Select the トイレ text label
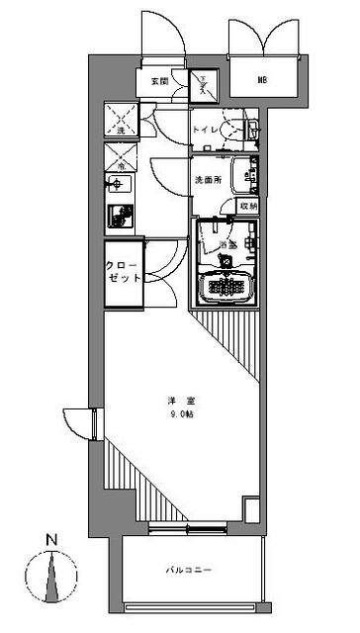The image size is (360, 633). [205, 130]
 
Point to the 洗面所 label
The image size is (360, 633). [207, 180]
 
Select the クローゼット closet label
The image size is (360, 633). [125, 271]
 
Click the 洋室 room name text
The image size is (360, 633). [179, 401]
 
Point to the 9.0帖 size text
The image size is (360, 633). [179, 415]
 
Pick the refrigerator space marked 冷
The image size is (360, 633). [123, 154]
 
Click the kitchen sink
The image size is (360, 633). [120, 185]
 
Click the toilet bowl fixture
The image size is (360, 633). [235, 129]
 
